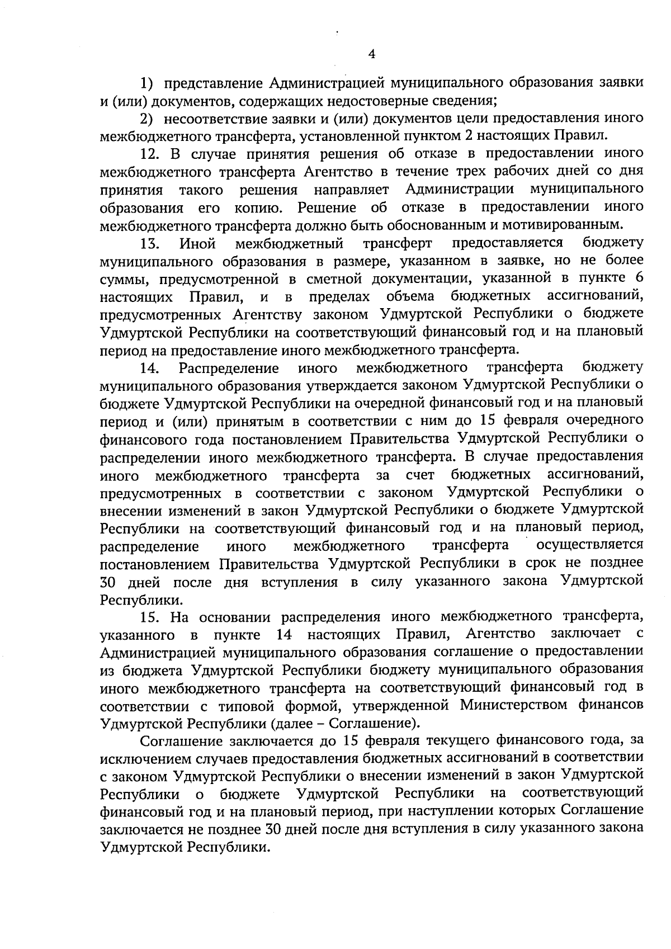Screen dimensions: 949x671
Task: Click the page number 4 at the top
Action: point(371,54)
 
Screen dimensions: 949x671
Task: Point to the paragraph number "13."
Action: point(150,244)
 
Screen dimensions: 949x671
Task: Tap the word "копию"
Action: point(255,208)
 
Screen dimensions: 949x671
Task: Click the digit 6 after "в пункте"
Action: point(639,278)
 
